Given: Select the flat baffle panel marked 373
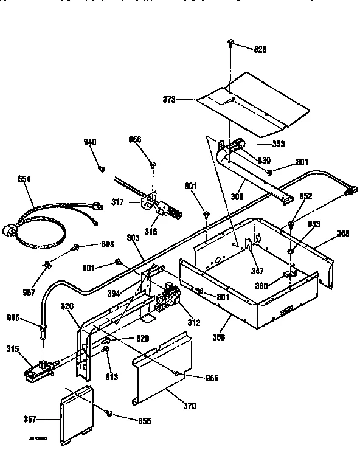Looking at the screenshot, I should (x=255, y=103).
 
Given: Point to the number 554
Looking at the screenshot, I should (x=24, y=180).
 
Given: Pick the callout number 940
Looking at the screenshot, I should (x=89, y=142).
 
